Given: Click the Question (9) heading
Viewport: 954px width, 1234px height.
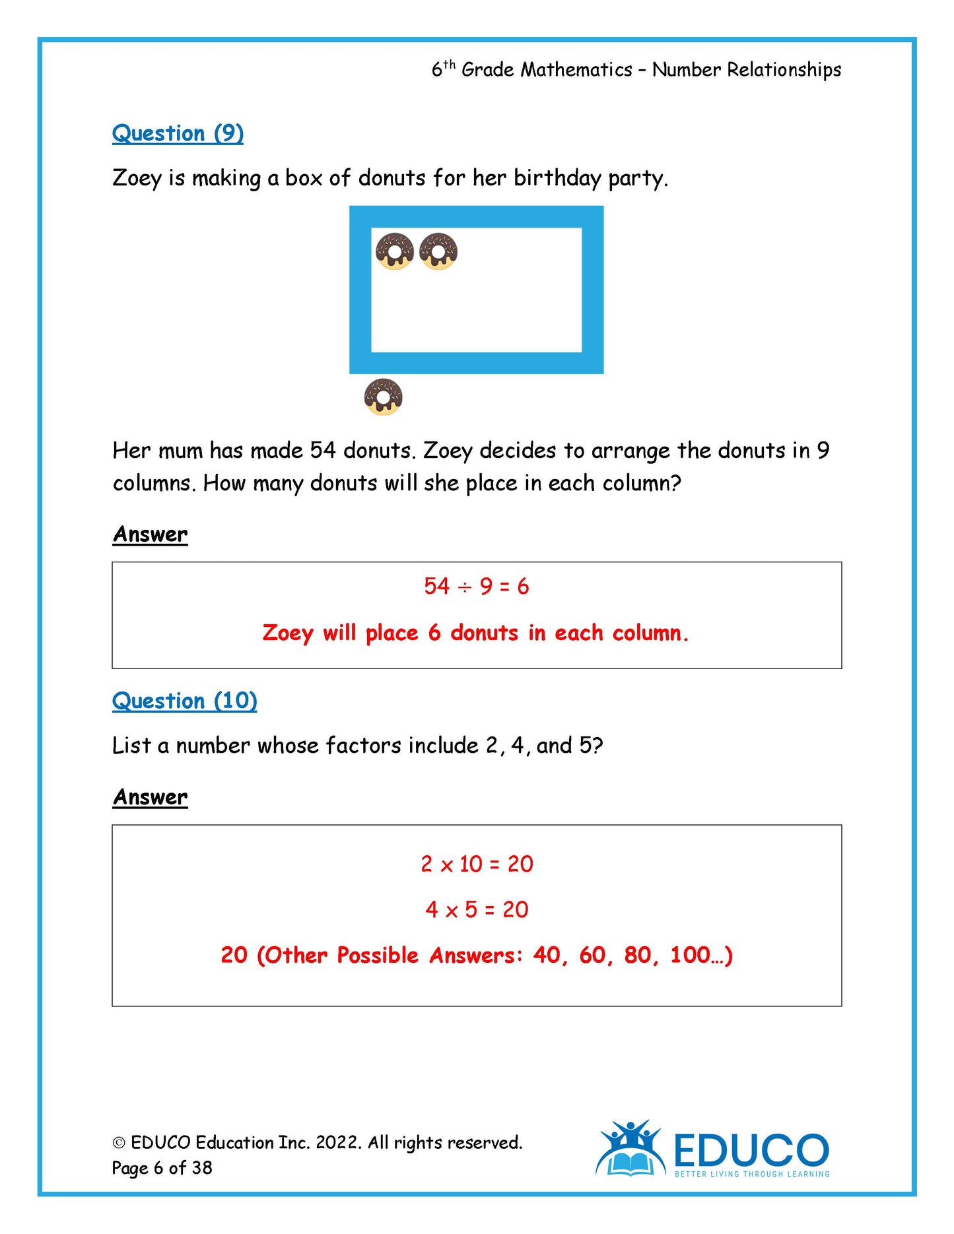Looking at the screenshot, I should [x=178, y=133].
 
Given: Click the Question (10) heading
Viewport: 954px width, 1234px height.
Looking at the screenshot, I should [x=184, y=701].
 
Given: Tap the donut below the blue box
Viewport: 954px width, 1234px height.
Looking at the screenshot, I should [x=383, y=397].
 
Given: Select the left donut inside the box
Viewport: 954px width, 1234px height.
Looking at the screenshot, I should [x=394, y=251].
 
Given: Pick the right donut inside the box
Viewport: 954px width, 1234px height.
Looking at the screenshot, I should [x=438, y=251].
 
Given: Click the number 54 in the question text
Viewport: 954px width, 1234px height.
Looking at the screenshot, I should [x=323, y=451].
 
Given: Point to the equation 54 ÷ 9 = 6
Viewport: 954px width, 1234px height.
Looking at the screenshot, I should [x=476, y=586].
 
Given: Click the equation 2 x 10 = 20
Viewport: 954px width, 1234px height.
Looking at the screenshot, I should [x=477, y=864].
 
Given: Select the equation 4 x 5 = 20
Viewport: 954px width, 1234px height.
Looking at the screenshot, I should [x=477, y=909].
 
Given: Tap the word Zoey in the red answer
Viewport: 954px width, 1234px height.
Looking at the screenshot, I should [x=288, y=633].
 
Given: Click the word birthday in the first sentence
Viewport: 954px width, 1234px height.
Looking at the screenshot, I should [x=557, y=178].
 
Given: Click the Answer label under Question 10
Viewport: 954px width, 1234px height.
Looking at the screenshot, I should [x=150, y=797].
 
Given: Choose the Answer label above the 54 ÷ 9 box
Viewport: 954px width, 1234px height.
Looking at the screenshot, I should [x=150, y=535].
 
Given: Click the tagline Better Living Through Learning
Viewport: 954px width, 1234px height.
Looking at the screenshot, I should [x=751, y=1174].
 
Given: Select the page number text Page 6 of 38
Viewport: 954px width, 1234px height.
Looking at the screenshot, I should [x=162, y=1168].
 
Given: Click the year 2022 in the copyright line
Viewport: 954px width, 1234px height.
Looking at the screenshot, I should [x=338, y=1143].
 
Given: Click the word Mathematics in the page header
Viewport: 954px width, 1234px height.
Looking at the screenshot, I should [x=576, y=70].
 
